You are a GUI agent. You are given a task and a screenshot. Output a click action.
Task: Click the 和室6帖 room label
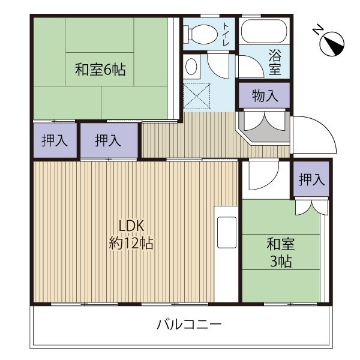pos(100,69)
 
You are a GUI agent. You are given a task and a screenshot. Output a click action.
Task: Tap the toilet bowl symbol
pos(202,34)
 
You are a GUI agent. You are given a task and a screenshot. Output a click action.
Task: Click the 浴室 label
pos(275,62)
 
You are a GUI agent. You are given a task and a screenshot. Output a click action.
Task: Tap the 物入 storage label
pos(265,95)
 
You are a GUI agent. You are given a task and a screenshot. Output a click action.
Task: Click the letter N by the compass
pos(318,30)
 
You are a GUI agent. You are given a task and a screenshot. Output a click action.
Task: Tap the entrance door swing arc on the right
pos(315,135)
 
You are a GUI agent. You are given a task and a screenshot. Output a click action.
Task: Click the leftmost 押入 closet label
pos(54,141)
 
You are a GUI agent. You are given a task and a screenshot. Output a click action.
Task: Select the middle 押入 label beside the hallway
pos(108,141)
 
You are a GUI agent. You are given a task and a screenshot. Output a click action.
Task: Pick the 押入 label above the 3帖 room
pos(311,179)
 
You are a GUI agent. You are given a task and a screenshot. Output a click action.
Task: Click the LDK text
pos(131,226)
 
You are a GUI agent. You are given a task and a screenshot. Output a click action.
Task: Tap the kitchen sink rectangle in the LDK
pos(227,235)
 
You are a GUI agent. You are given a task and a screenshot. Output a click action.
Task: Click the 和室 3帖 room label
pos(280,253)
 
